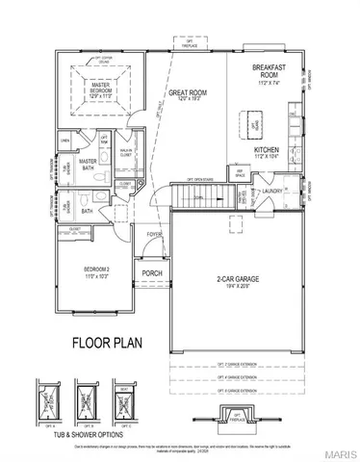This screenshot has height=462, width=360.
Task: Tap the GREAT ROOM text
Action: [x=183, y=93]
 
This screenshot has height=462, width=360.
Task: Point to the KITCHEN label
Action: [x=267, y=151]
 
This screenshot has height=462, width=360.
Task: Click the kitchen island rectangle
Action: [x=256, y=124]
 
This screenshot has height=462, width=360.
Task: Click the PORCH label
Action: [x=152, y=271]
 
